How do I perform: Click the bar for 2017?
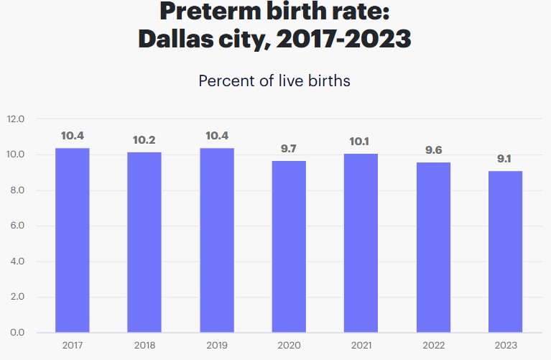click(x=73, y=240)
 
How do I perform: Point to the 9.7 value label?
click(x=289, y=149)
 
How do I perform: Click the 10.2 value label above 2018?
click(x=144, y=140)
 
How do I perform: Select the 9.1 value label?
click(x=505, y=159)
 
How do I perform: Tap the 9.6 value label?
click(x=432, y=150)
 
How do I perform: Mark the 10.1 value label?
click(x=361, y=142)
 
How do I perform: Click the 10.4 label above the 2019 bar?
click(x=217, y=136)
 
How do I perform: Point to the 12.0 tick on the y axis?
click(x=16, y=119)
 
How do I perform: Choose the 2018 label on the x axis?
click(x=144, y=346)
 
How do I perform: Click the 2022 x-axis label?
click(x=432, y=346)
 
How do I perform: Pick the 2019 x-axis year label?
click(x=217, y=346)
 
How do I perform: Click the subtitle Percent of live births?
click(x=274, y=80)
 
